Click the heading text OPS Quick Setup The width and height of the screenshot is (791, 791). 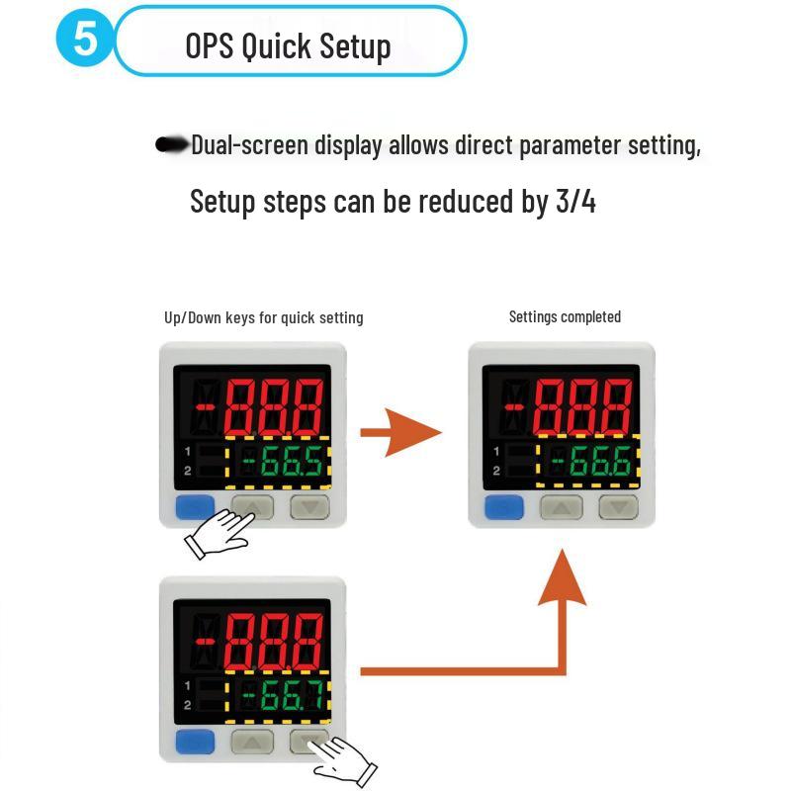click(288, 45)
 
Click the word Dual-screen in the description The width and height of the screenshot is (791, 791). click(250, 145)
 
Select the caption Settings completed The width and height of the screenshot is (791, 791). click(565, 317)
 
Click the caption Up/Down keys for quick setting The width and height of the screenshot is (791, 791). click(263, 317)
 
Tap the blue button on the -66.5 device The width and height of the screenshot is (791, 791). click(194, 508)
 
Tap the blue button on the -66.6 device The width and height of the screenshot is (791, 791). click(503, 508)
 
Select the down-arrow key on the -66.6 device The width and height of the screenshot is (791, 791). click(619, 508)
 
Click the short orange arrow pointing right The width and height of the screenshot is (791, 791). click(399, 433)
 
